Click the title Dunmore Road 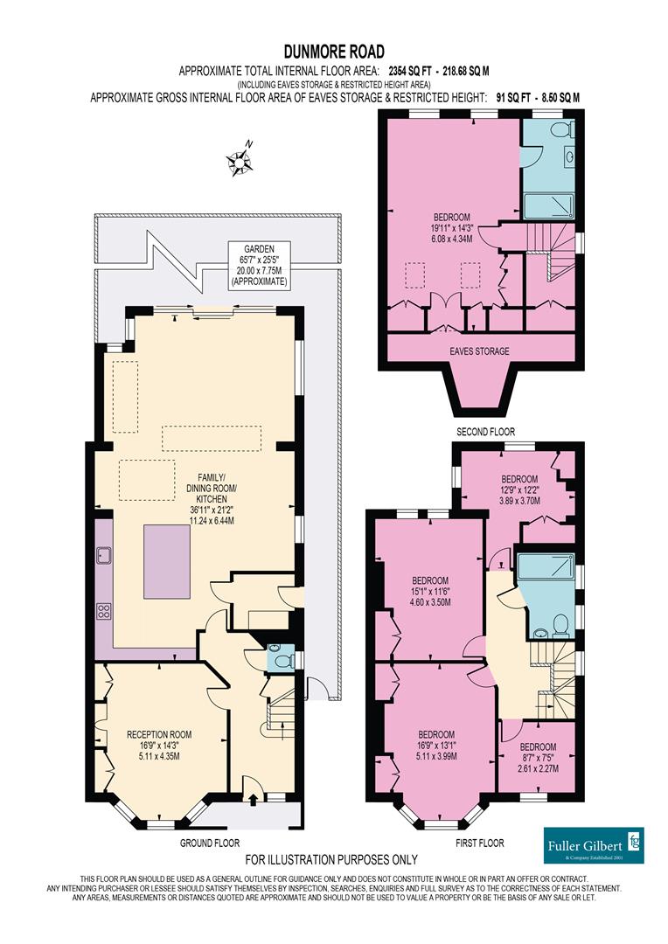(333, 52)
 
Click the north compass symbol (239, 160)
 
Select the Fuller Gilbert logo (594, 845)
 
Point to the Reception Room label (159, 740)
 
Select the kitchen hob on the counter (105, 612)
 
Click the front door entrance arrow (254, 797)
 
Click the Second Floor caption (486, 432)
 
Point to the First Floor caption (480, 843)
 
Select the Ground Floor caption (210, 843)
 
